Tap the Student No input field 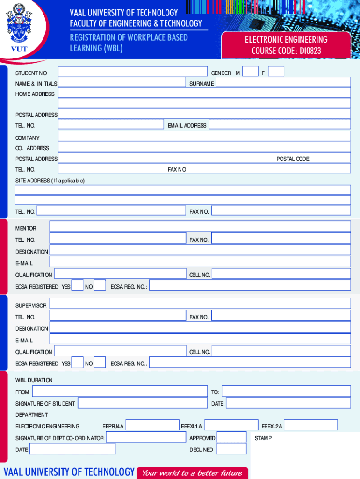click(132, 72)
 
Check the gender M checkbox click(251, 72)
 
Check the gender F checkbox click(276, 72)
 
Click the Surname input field click(283, 82)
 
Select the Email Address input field click(280, 124)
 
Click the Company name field click(204, 136)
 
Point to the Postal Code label click(293, 159)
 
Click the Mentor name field click(200, 226)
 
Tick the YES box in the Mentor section click(78, 285)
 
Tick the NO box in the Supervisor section click(100, 362)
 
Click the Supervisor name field click(200, 304)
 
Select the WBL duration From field click(119, 392)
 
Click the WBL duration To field click(286, 392)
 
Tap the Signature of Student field click(142, 403)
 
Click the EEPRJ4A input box click(152, 425)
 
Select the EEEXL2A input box click(310, 425)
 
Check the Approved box click(232, 437)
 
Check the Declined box click(232, 449)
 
